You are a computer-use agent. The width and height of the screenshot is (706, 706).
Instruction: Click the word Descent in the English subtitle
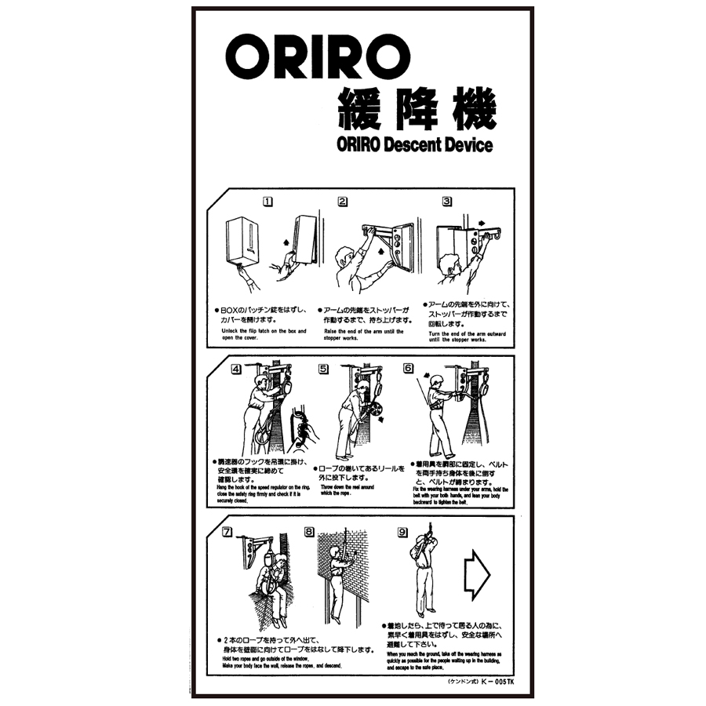click(x=422, y=144)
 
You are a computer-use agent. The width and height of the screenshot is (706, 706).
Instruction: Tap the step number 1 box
click(x=267, y=201)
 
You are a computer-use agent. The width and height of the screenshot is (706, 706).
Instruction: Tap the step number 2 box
click(x=343, y=201)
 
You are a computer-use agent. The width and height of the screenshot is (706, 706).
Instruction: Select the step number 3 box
click(x=447, y=201)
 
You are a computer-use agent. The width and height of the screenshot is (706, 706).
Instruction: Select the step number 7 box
click(x=227, y=532)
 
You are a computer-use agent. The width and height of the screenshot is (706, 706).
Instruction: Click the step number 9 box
click(x=402, y=532)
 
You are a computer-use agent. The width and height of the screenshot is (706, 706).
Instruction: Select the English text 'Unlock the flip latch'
click(x=259, y=331)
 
